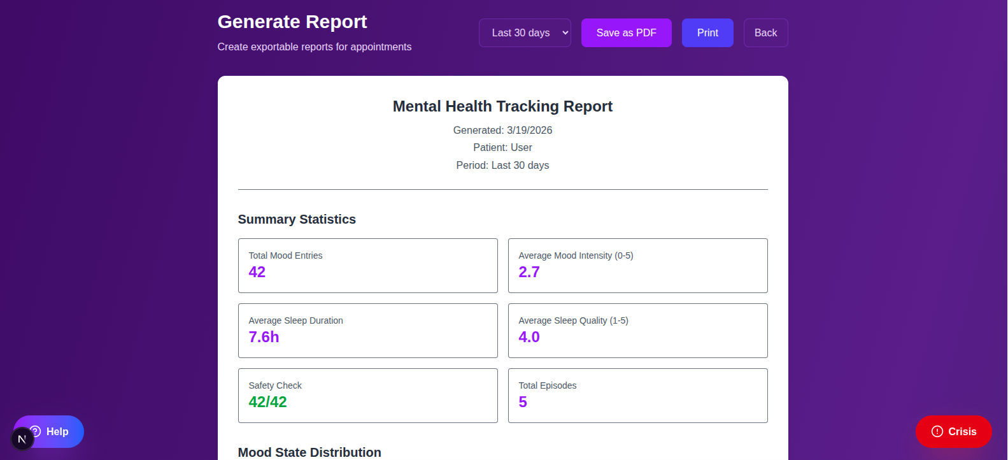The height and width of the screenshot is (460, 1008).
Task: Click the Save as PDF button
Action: (626, 32)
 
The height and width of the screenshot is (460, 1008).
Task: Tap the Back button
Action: (765, 32)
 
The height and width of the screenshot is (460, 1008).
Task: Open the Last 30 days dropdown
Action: (525, 32)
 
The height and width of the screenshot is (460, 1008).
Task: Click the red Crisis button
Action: (953, 431)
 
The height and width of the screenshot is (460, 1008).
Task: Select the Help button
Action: (57, 431)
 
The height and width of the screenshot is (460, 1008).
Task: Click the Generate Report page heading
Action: (292, 22)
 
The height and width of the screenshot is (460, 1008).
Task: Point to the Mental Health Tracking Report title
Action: (502, 106)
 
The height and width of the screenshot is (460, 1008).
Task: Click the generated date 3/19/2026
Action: (529, 130)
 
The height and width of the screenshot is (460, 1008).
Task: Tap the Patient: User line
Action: (502, 147)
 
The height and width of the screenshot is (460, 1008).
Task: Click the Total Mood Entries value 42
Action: (257, 272)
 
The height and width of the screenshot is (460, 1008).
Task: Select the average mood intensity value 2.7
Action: (529, 272)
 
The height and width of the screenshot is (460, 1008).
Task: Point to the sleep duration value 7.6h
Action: (264, 337)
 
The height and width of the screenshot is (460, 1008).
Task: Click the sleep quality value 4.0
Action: (529, 337)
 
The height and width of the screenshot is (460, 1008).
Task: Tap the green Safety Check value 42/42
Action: (267, 402)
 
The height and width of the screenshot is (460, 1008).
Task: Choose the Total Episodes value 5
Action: (523, 402)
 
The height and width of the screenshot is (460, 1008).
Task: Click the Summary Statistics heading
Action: (297, 219)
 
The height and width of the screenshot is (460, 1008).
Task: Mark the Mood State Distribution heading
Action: (309, 452)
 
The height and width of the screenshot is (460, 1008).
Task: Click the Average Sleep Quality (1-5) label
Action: (573, 320)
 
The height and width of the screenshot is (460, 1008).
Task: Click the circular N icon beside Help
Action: (22, 439)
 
